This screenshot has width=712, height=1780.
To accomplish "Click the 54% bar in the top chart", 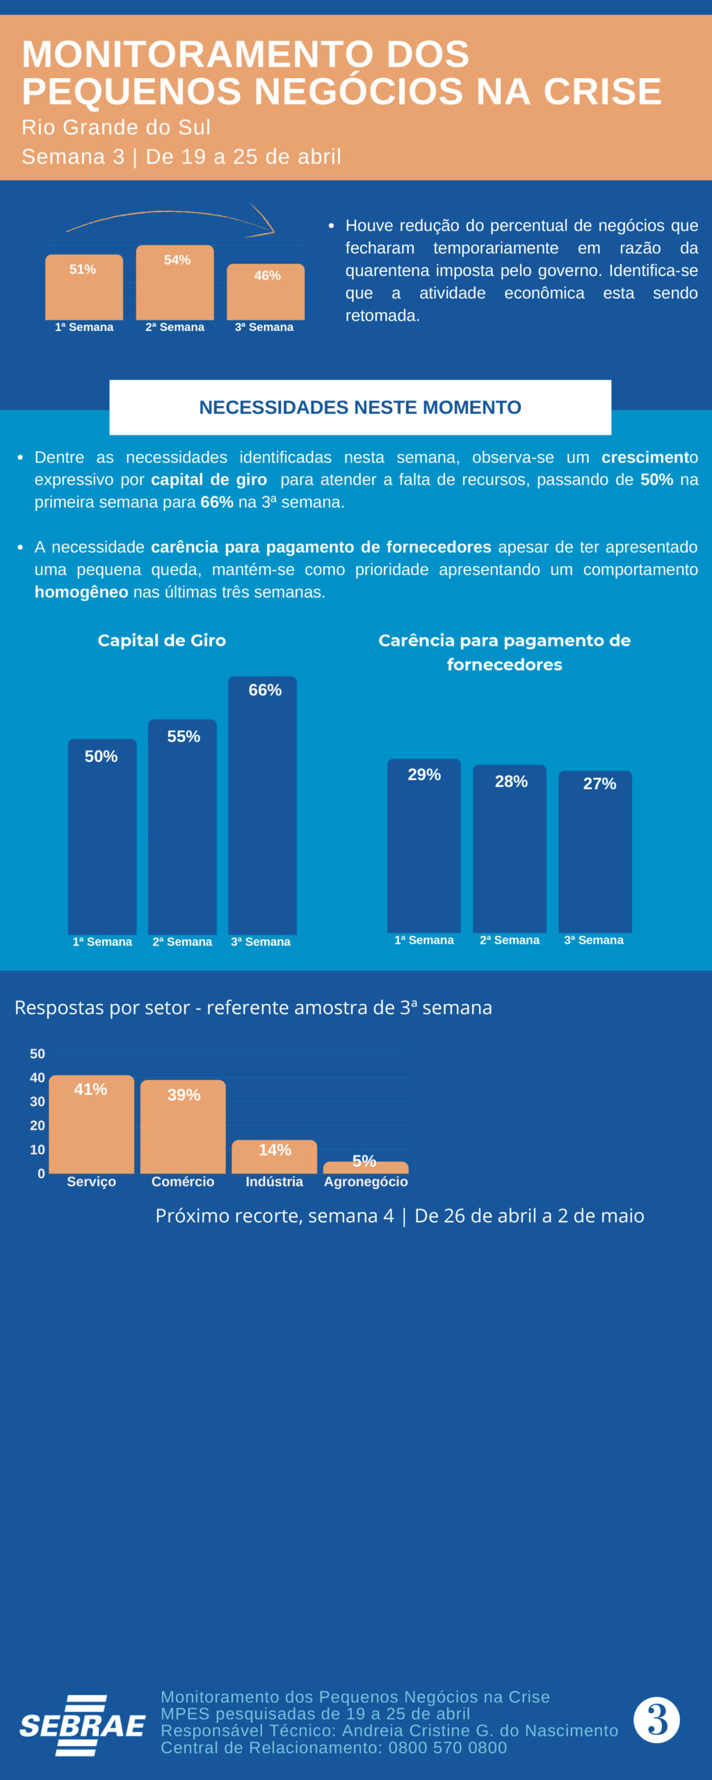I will pos(175,284).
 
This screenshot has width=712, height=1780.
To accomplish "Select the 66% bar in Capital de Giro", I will pos(262,807).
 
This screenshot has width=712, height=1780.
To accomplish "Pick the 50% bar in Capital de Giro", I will pos(102,838).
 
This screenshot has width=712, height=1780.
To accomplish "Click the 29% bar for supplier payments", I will pos(423,847).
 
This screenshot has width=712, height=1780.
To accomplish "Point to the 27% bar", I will pos(595,852).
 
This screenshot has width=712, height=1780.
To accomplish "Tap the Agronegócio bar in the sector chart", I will pos(366,1167).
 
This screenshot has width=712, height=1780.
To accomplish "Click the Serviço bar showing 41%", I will pos(91,1125).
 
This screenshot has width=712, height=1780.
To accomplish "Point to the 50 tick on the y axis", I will pos(38,1054).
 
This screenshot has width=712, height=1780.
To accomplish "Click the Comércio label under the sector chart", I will pos(183,1181).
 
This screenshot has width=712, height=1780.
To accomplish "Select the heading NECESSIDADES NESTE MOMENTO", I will pos(360,407).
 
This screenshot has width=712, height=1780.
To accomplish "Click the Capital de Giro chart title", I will pos(161,640).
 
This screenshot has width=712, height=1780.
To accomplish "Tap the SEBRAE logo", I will pos(82,1726).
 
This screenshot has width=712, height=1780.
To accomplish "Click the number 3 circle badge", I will pos(656,1720).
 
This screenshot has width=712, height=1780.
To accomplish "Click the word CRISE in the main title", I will pos(602,92).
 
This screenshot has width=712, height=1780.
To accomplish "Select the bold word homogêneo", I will pos(81,592).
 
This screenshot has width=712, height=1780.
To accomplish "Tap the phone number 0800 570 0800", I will pos(448,1747).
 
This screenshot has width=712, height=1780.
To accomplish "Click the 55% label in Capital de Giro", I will pos(184,736).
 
